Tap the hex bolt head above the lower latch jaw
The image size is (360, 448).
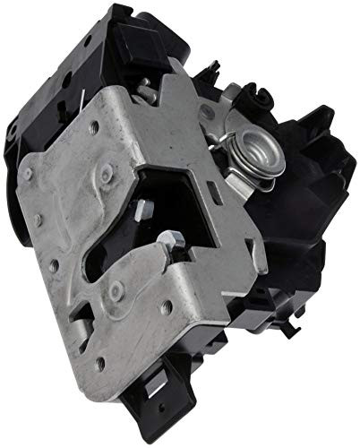click(x=174, y=239)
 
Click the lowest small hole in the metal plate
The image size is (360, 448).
click(x=101, y=363)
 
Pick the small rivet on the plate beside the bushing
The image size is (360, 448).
click(x=207, y=111)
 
